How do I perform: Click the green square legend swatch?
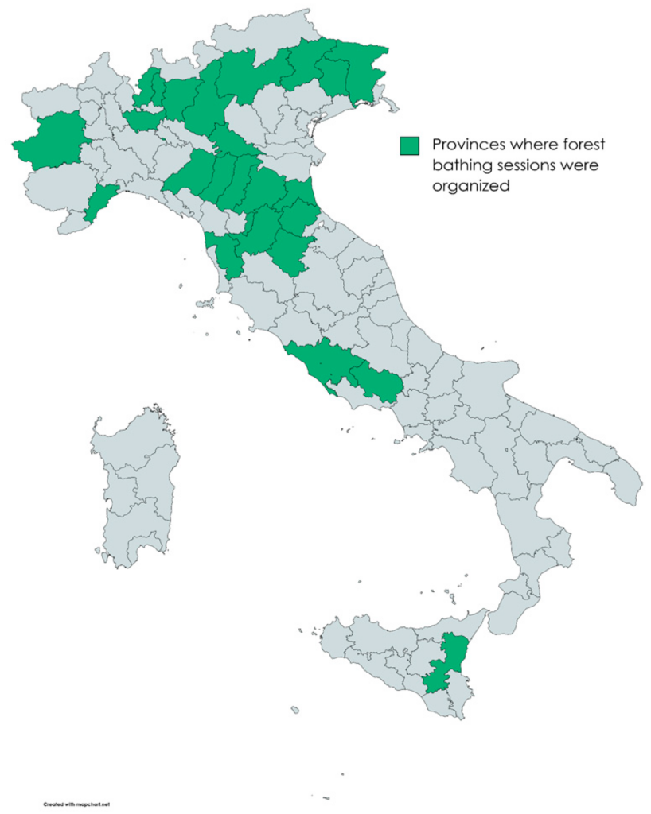(x=409, y=145)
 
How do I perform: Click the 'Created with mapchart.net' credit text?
(x=76, y=804)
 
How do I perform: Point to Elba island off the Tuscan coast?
(x=205, y=303)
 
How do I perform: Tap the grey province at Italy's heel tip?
(x=625, y=485)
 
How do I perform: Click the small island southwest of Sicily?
(x=295, y=710)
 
